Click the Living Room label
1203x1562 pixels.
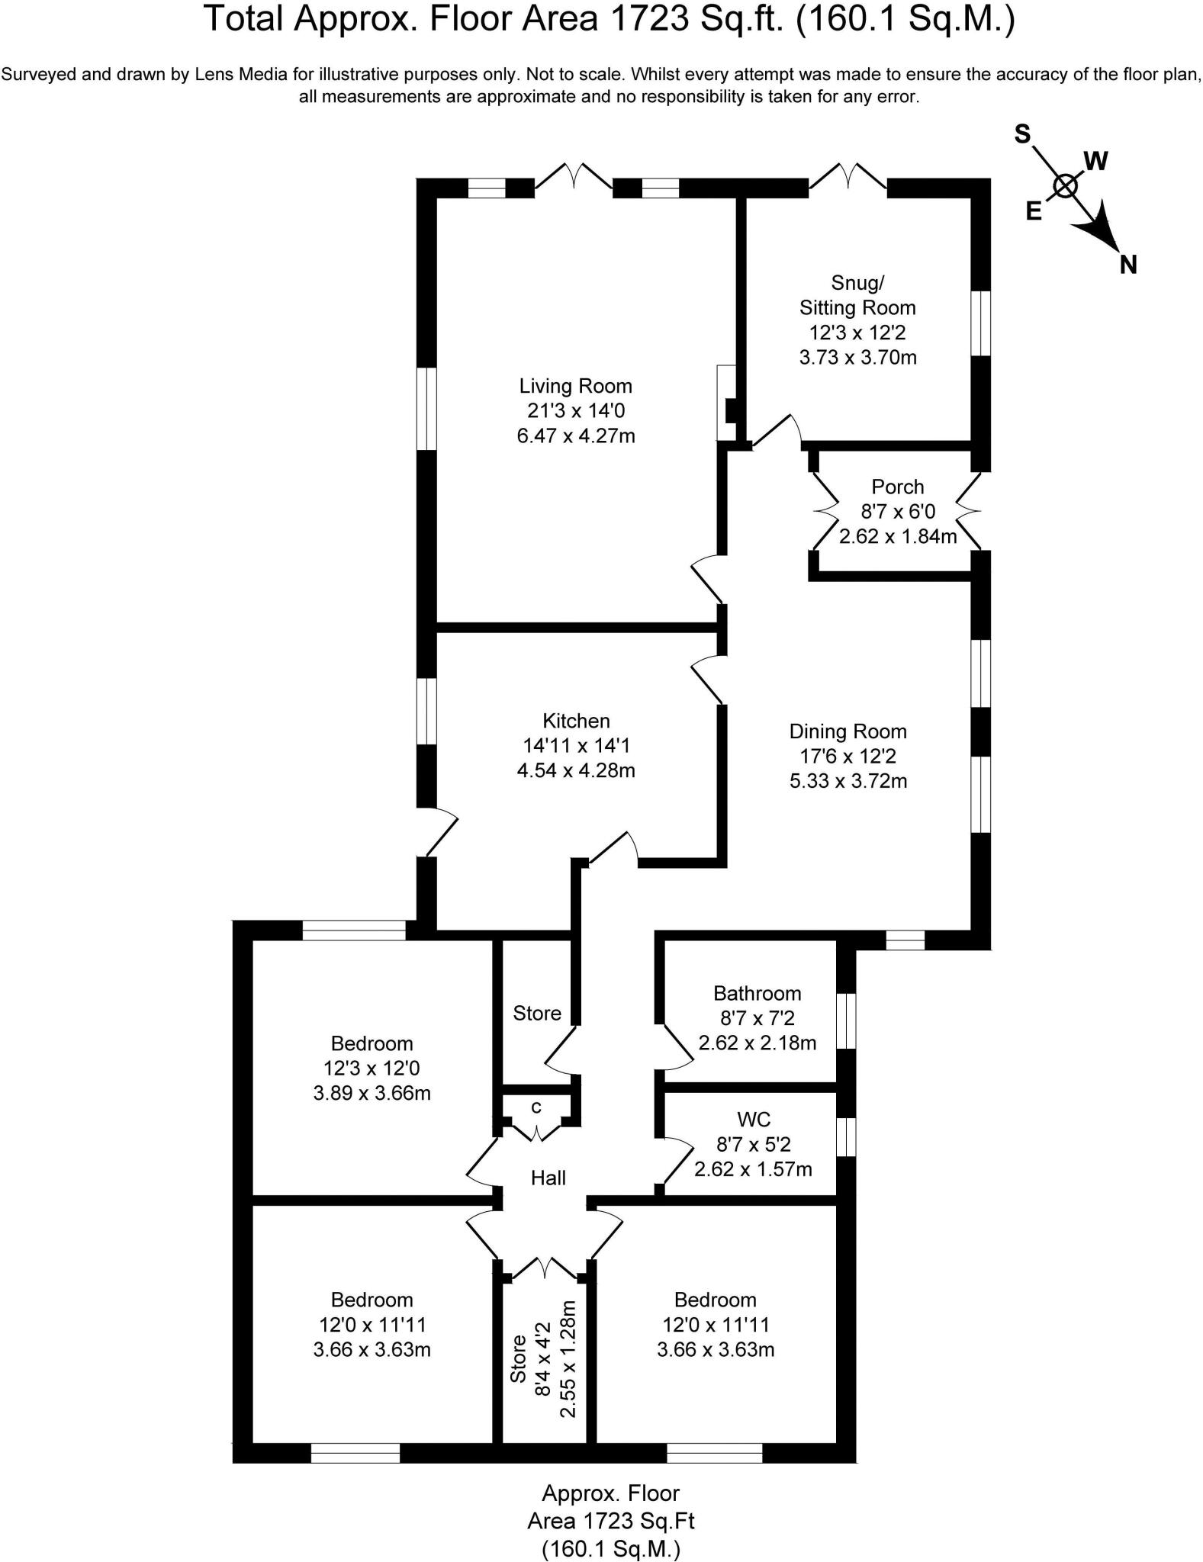[576, 386]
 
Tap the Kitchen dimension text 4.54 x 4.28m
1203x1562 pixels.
[576, 770]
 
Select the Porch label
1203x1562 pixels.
[897, 487]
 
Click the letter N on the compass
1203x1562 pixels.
[1128, 265]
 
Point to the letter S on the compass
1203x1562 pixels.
[1021, 135]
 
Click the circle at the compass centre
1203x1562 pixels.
[1065, 185]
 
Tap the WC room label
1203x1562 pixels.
[753, 1120]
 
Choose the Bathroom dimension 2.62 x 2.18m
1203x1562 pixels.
[757, 1043]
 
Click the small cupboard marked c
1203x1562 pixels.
[536, 1107]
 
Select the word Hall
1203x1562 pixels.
[548, 1178]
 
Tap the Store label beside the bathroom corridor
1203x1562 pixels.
[536, 1013]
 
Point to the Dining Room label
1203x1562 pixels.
[848, 731]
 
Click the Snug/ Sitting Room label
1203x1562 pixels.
[857, 295]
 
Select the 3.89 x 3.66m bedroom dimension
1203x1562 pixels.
[372, 1093]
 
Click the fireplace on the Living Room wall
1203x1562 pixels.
[727, 403]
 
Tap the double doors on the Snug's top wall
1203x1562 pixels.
[848, 177]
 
